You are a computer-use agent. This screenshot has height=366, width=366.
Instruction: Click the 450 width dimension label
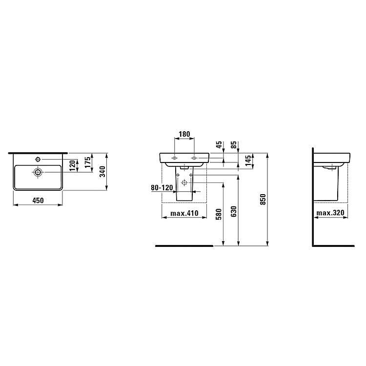[38, 201]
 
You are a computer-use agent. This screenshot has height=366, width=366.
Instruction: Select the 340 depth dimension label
[102, 172]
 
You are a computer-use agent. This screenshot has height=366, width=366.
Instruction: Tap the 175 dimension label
[87, 162]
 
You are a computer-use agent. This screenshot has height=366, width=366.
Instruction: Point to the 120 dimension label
[73, 165]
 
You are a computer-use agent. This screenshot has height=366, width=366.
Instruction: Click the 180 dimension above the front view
[184, 134]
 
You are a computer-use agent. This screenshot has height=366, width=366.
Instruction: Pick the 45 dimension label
[219, 145]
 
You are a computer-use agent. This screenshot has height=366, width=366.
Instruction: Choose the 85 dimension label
[233, 145]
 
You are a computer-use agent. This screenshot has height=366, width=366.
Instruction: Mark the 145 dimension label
[248, 161]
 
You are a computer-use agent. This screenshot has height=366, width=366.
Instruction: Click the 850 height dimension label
[263, 199]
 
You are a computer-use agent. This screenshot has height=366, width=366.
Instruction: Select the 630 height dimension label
[233, 211]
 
